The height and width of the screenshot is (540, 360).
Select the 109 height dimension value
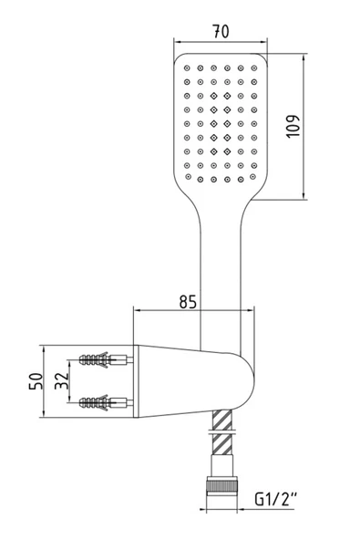[x=319, y=124]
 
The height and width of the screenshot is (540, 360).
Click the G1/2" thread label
[x=278, y=500]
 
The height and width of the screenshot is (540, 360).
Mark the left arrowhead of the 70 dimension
[x=175, y=39]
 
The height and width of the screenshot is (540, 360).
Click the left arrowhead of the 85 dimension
[x=138, y=310]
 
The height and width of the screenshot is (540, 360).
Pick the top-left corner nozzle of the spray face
[x=186, y=67]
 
